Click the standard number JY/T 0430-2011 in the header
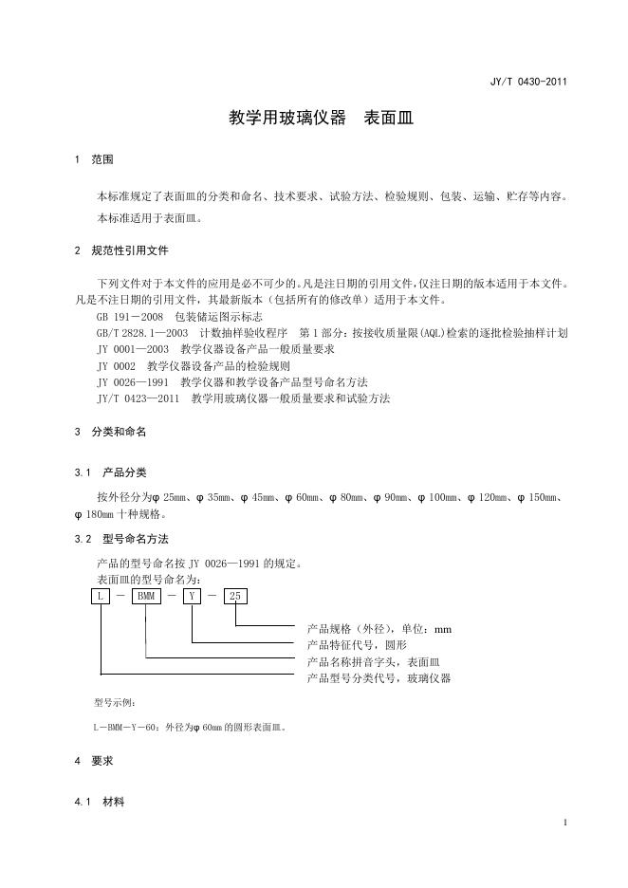(528, 82)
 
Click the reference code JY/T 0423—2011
(138, 398)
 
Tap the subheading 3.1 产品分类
(110, 472)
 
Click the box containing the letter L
(100, 597)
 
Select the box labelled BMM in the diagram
(145, 597)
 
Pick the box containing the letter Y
(193, 597)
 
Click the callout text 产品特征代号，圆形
(361, 644)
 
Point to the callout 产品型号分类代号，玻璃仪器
(379, 678)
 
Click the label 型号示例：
(116, 703)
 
